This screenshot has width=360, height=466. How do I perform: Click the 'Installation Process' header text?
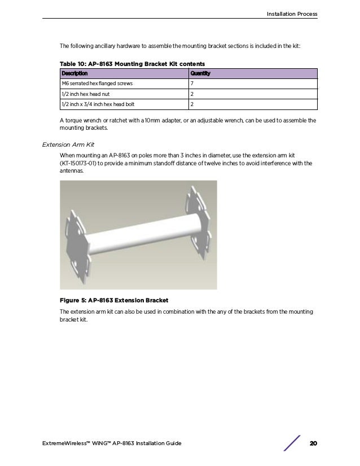pos(292,14)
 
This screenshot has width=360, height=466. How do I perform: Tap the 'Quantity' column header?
pos(201,73)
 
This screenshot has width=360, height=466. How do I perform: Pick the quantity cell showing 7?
pos(192,83)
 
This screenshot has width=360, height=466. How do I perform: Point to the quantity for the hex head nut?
pos(192,94)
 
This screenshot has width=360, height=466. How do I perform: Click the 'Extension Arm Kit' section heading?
pos(68,144)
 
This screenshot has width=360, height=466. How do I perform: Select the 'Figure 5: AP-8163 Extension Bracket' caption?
pos(114,299)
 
